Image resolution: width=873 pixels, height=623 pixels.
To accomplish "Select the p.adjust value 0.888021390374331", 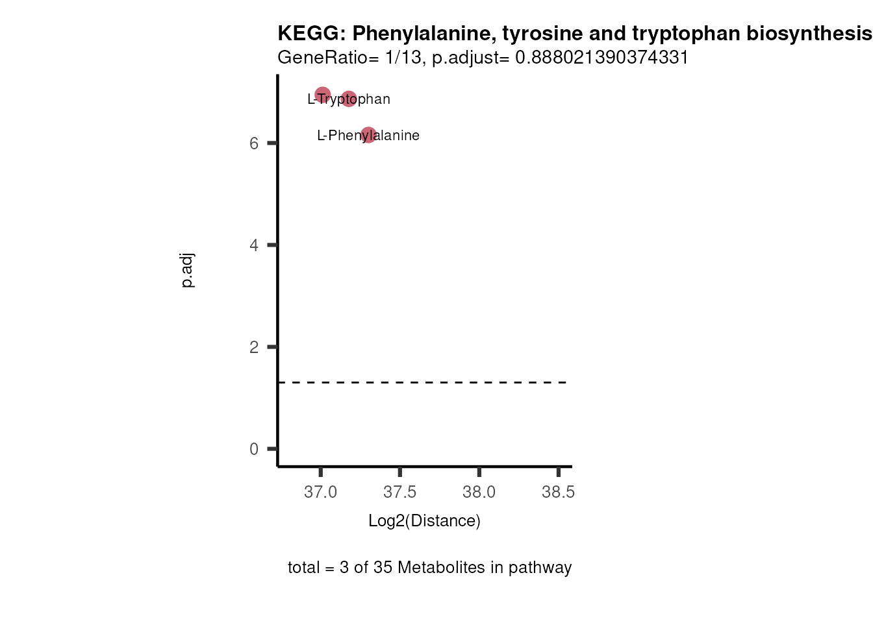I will (601, 58).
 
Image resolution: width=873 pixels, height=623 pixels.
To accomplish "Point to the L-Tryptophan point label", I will (349, 99).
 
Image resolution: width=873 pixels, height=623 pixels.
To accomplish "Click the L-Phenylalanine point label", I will (368, 136).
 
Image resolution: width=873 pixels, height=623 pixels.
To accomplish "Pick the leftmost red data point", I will (323, 95).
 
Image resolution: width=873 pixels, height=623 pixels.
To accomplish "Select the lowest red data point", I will (368, 135).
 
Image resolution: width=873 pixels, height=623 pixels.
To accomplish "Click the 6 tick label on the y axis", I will (254, 143).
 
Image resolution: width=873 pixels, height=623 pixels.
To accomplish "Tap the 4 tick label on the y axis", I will (254, 245).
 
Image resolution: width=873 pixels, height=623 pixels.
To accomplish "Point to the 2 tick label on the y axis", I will (254, 347).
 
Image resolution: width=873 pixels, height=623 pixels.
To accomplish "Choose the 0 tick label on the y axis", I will (254, 449).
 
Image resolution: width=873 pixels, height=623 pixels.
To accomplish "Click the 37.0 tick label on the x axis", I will (321, 493).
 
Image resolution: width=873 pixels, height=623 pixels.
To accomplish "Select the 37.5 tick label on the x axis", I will (400, 493).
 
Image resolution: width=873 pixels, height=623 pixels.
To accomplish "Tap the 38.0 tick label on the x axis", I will (479, 493).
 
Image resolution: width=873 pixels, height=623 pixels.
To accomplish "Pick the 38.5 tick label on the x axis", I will (559, 493).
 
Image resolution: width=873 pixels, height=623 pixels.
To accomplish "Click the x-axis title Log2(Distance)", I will (424, 521).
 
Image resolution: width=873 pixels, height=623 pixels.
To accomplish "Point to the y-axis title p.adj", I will (187, 271).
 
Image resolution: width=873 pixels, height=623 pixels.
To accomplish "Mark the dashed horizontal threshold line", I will (422, 382).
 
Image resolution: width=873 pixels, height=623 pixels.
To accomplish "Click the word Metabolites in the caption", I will (442, 568).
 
